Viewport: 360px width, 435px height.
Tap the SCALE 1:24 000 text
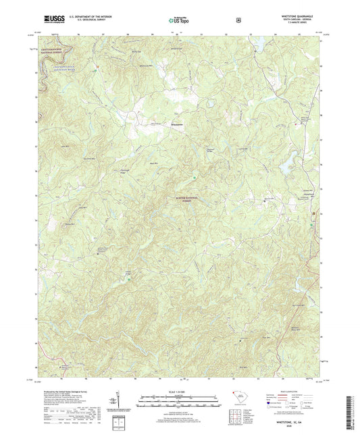[x=180, y=390]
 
